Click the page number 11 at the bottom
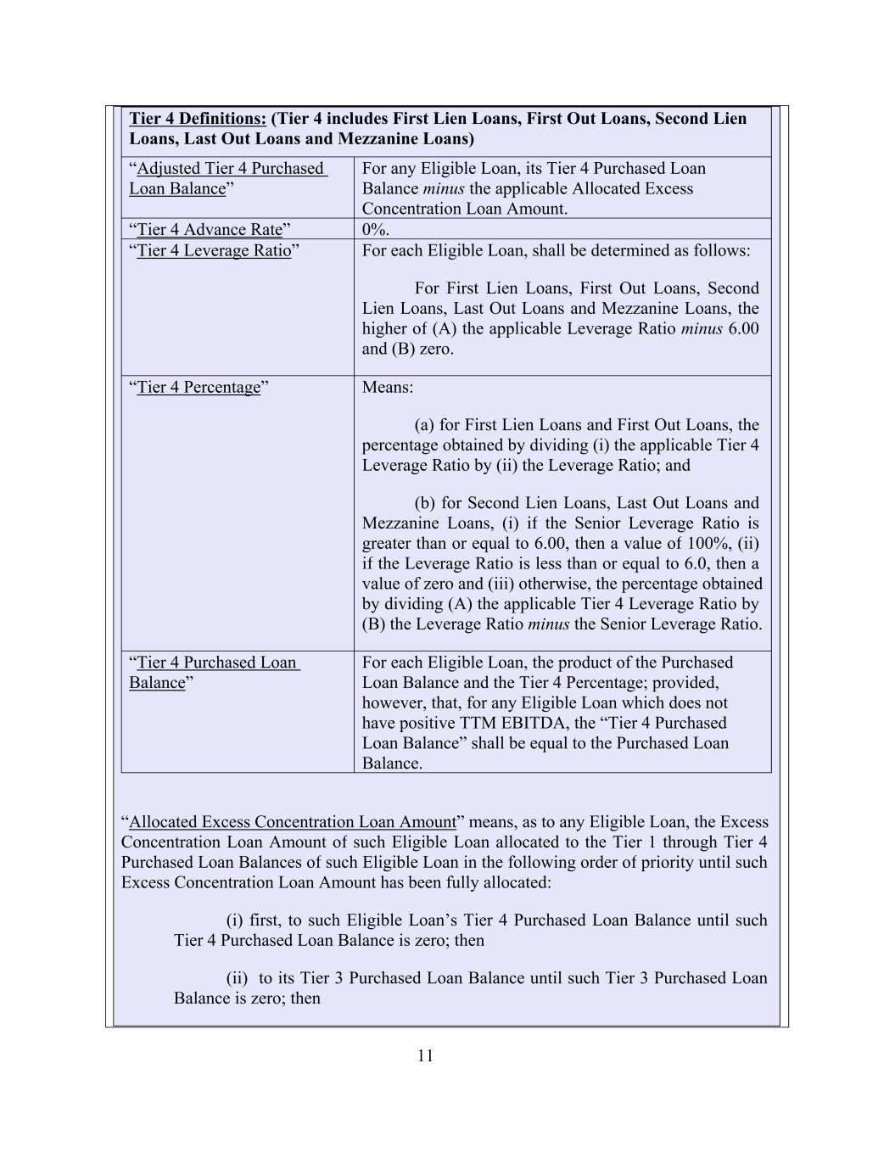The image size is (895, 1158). pos(426,1055)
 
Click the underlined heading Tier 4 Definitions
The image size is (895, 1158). pos(198,119)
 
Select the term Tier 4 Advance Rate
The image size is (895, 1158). pos(210,229)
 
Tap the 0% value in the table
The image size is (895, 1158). pos(375,229)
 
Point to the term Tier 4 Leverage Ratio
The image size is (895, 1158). pos(214,250)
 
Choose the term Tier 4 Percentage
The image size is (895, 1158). pos(199,387)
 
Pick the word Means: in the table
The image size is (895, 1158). pos(388,387)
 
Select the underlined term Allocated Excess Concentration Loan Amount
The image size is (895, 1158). pos(293,821)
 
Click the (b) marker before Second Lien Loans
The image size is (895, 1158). pos(425,502)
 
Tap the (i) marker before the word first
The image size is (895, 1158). pos(235,920)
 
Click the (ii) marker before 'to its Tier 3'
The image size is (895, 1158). pos(237,977)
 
